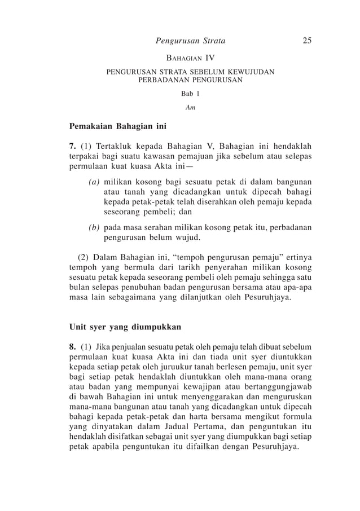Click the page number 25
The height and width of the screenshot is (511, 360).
[308, 40]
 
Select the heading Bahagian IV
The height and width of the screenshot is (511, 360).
[190, 58]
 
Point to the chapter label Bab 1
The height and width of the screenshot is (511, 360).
[190, 94]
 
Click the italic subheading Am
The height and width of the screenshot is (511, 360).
[190, 107]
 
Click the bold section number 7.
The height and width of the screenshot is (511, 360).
[72, 146]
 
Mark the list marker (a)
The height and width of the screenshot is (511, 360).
[94, 183]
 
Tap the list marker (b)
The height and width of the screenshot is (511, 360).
[94, 227]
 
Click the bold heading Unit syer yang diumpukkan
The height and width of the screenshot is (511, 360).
[124, 327]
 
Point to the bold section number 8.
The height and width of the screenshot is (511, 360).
[72, 346]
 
